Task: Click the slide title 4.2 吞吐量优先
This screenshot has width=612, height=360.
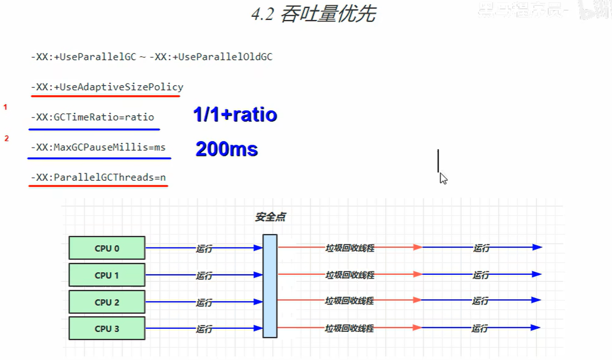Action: pyautogui.click(x=313, y=15)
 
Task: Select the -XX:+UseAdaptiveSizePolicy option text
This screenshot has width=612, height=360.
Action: pyautogui.click(x=107, y=87)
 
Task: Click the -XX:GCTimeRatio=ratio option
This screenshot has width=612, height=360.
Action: pyautogui.click(x=92, y=117)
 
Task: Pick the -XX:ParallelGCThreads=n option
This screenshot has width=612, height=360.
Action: pyautogui.click(x=98, y=178)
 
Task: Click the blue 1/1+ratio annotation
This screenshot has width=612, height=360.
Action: pyautogui.click(x=235, y=115)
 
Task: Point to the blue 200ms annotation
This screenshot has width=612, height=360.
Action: pyautogui.click(x=227, y=149)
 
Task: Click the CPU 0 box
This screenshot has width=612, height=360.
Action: pyautogui.click(x=107, y=248)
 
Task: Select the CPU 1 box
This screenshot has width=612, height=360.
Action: pyautogui.click(x=107, y=275)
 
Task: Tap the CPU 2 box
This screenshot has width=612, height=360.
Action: pyautogui.click(x=107, y=302)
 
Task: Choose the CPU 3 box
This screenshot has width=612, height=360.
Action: pyautogui.click(x=107, y=328)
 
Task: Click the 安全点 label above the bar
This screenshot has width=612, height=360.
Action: pyautogui.click(x=271, y=217)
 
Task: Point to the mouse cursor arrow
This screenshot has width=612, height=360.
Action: pyautogui.click(x=443, y=178)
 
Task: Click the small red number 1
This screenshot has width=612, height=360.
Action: pyautogui.click(x=6, y=107)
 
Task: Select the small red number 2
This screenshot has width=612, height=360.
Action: pyautogui.click(x=6, y=139)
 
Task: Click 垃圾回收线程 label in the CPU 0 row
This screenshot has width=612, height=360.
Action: pyautogui.click(x=350, y=247)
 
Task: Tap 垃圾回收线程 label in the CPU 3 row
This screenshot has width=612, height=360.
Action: pyautogui.click(x=349, y=328)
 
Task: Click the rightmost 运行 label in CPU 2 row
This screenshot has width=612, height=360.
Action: pyautogui.click(x=480, y=301)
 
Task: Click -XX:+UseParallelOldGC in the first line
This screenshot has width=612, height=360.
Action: pyautogui.click(x=211, y=57)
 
